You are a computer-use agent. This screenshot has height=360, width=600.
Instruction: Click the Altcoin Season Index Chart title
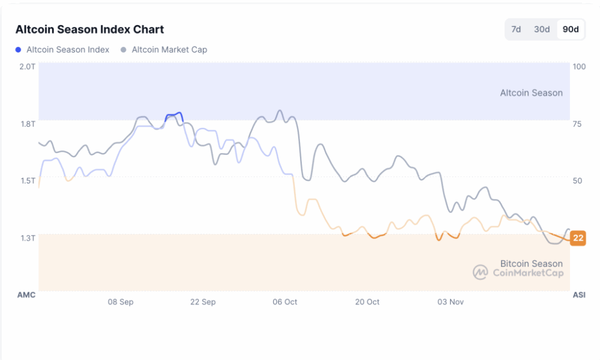tap(89, 29)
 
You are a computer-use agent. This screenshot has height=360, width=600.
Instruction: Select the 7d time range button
tap(516, 29)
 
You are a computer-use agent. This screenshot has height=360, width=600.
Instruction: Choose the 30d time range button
tap(542, 29)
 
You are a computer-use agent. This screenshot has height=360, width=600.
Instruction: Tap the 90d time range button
tap(571, 29)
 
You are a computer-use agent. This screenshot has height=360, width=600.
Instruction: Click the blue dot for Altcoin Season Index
tap(19, 50)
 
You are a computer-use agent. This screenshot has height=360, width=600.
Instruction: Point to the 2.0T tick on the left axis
tap(27, 66)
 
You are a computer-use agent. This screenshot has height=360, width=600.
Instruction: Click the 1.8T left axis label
tap(27, 124)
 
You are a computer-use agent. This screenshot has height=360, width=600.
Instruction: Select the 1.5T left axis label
tap(27, 181)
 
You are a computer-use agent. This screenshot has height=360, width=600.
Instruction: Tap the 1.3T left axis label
tap(27, 238)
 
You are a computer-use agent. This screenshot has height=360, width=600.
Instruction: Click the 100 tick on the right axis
tap(579, 66)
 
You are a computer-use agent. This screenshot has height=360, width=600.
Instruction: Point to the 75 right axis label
tap(577, 124)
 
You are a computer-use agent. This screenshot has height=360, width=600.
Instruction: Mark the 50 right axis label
tap(577, 181)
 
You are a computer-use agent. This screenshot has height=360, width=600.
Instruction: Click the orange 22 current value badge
tap(578, 238)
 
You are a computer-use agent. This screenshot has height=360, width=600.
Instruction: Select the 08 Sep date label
tap(121, 302)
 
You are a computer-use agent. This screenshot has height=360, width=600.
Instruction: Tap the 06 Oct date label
tap(285, 302)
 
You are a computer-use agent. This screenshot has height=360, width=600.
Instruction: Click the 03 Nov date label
tap(450, 302)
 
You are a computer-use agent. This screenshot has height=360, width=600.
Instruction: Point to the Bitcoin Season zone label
tap(532, 263)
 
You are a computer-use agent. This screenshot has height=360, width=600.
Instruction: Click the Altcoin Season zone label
tap(532, 93)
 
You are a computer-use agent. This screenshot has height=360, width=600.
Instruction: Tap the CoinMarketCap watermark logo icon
tap(480, 272)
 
